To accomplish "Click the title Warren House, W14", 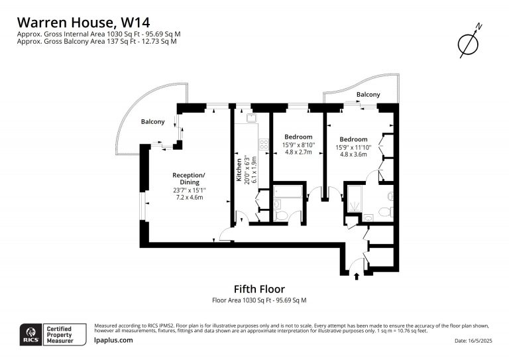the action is [84, 23].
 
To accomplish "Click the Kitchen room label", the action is [239, 170].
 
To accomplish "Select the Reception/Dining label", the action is [189, 178].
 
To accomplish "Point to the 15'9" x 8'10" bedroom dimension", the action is [298, 145].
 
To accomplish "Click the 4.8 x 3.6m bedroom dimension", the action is [353, 154].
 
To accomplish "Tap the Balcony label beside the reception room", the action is [152, 122].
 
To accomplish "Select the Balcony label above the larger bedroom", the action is [368, 94].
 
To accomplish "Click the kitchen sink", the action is [252, 118].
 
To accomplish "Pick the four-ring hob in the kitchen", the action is [264, 144].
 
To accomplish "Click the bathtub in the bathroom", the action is [288, 192].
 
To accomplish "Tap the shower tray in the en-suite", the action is [355, 199].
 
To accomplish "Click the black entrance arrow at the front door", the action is [357, 276].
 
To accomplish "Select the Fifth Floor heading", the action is [259, 289].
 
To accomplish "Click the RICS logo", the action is [31, 334].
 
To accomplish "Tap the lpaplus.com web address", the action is [113, 340].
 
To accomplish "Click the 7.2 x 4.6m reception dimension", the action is [190, 198].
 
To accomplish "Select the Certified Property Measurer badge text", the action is [60, 335].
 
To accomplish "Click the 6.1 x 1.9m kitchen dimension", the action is [254, 170].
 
